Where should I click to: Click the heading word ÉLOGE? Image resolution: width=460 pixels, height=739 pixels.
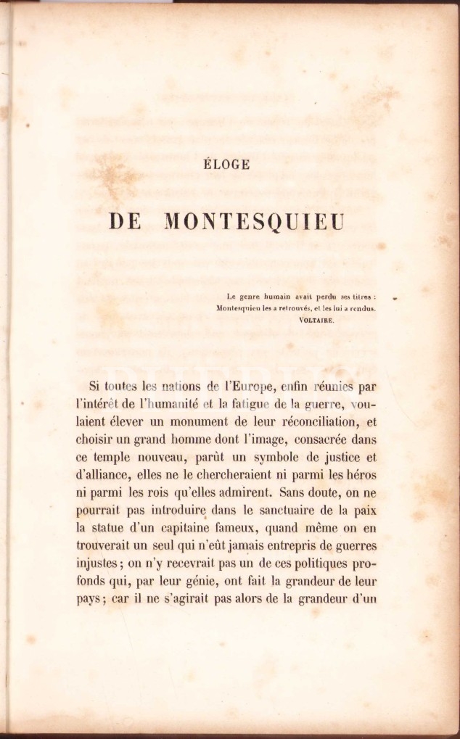pos(228,165)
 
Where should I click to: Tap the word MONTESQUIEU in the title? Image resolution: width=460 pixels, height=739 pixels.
pos(254,220)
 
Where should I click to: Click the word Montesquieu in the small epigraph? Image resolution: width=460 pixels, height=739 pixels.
pos(243,307)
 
